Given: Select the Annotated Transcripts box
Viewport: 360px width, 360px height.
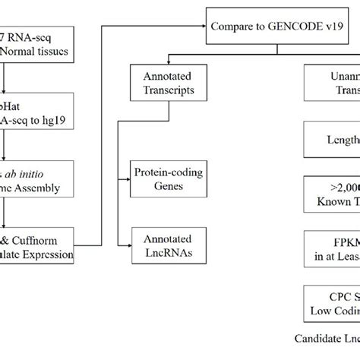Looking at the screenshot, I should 161,82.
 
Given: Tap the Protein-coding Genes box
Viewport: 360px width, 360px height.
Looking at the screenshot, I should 161,178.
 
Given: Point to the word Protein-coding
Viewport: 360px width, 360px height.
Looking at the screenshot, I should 161,172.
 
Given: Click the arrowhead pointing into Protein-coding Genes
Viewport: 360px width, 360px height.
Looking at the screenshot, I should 128,178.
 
